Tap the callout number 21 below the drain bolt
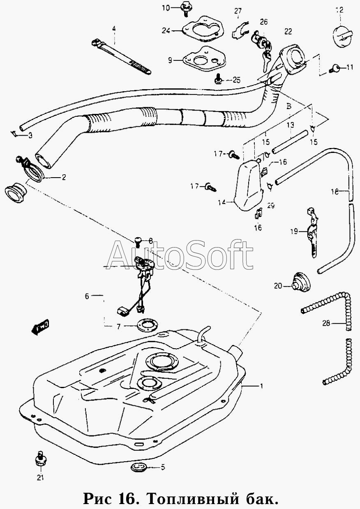40,477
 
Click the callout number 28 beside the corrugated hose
326,324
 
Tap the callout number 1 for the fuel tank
261,386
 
